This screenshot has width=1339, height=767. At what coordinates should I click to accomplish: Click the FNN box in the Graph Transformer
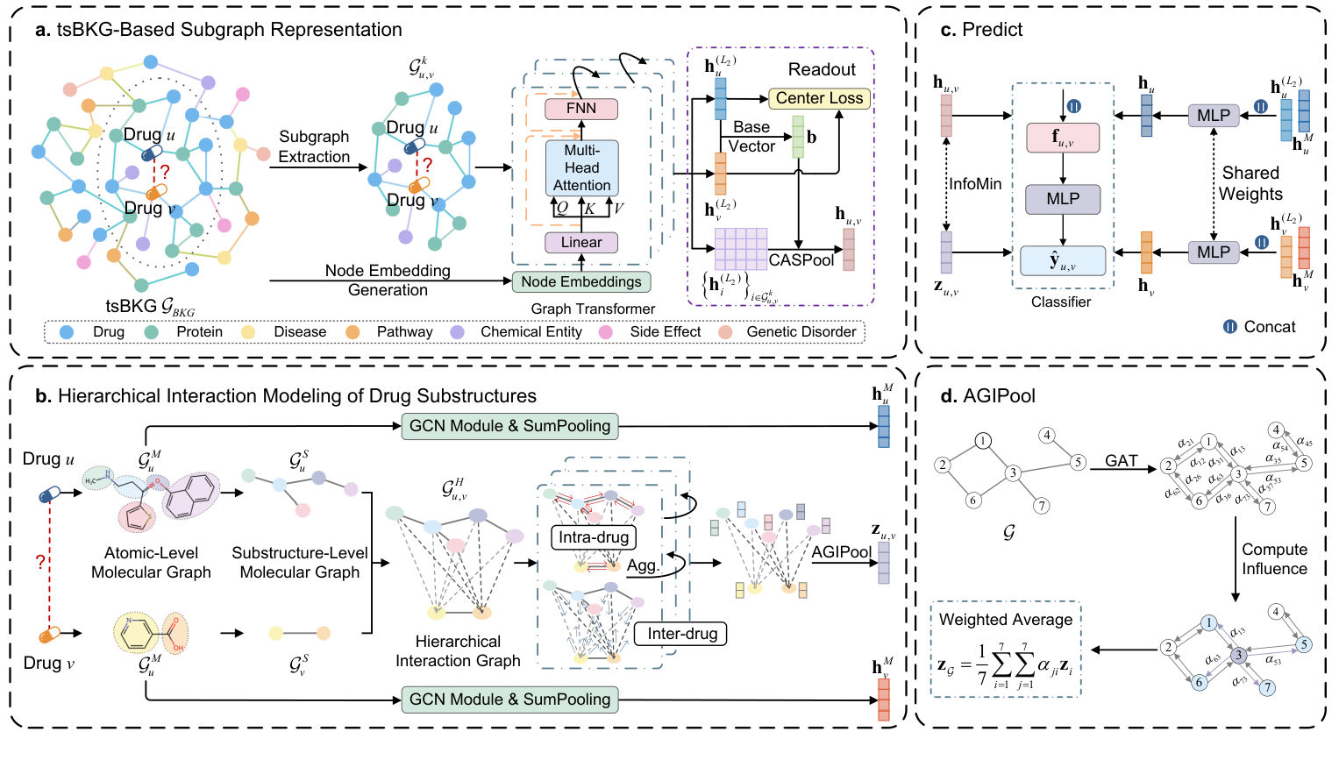pyautogui.click(x=581, y=109)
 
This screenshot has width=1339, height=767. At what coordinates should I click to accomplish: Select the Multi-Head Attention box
pyautogui.click(x=581, y=167)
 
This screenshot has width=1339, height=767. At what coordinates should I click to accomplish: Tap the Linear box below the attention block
pyautogui.click(x=581, y=243)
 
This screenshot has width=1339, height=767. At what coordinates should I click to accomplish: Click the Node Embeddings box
pyautogui.click(x=581, y=281)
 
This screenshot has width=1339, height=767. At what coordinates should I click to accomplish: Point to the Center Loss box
pyautogui.click(x=819, y=98)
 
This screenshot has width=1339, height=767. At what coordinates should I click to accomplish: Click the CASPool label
pyautogui.click(x=801, y=260)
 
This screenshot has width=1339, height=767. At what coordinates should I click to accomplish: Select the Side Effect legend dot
pyautogui.click(x=605, y=332)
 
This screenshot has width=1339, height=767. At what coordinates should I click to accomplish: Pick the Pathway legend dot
pyautogui.click(x=353, y=332)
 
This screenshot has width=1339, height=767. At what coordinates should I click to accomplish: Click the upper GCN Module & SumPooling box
pyautogui.click(x=509, y=426)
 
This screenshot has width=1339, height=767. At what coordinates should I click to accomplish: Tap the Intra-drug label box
pyautogui.click(x=594, y=537)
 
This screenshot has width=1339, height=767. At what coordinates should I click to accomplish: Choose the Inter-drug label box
pyautogui.click(x=682, y=634)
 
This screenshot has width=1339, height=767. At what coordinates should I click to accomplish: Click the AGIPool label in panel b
pyautogui.click(x=841, y=552)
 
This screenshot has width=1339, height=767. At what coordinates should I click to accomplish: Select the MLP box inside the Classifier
pyautogui.click(x=1063, y=199)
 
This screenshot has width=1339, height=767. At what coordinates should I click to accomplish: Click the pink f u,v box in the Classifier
pyautogui.click(x=1063, y=138)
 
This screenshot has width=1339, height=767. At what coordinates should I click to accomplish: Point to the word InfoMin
pyautogui.click(x=975, y=184)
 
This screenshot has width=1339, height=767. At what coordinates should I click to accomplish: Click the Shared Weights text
pyautogui.click(x=1250, y=184)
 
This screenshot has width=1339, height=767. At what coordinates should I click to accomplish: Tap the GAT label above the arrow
pyautogui.click(x=1121, y=460)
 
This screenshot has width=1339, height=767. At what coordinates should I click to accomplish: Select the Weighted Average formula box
pyautogui.click(x=1006, y=650)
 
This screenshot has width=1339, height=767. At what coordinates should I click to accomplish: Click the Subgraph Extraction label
pyautogui.click(x=314, y=146)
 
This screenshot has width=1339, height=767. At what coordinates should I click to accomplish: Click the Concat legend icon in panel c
pyautogui.click(x=1230, y=327)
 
